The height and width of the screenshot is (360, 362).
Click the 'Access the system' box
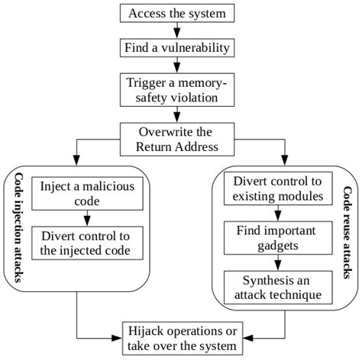[177, 14]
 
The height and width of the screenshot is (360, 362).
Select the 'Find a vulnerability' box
[177, 47]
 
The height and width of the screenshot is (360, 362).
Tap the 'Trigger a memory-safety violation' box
[177, 89]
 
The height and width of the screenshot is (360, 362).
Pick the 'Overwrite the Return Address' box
[177, 138]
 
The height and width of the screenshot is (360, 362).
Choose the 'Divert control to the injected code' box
[87, 242]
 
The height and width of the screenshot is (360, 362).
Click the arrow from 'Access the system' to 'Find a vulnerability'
[177, 31]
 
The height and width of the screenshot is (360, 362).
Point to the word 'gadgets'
[278, 245]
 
